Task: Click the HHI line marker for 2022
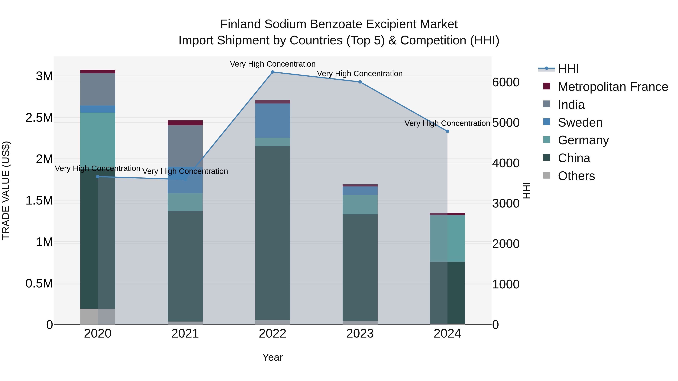point(273,72)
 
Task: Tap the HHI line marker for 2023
point(360,82)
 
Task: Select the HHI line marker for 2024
point(447,131)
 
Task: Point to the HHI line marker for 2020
point(98,177)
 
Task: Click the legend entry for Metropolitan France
point(613,87)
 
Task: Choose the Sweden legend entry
point(580,122)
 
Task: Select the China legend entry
point(574,158)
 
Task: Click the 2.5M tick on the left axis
point(39,118)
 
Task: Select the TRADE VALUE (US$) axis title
point(6,190)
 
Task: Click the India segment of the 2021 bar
point(185,146)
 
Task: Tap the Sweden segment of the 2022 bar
point(273,120)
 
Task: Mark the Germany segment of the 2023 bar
point(360,205)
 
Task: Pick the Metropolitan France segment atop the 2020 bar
point(98,71)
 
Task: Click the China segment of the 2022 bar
point(273,233)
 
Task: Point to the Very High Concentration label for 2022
point(273,64)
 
